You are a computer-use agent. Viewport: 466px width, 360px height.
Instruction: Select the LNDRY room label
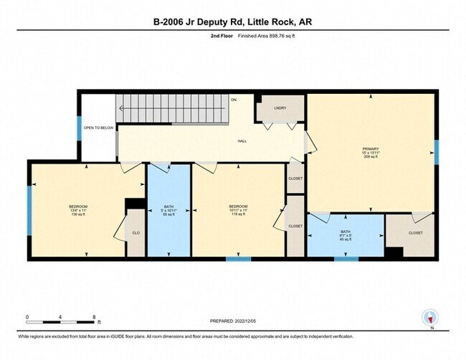[x=280, y=108]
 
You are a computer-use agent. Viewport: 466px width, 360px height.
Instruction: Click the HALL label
[x=242, y=141]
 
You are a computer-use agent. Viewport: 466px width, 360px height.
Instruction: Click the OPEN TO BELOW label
[x=98, y=128]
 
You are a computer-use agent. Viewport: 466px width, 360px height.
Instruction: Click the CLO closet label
[x=135, y=233]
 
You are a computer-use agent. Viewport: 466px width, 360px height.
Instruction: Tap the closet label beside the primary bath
[x=415, y=233]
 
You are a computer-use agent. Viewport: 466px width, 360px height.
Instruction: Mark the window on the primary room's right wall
[x=435, y=152]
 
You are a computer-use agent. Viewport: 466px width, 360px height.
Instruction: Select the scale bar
[x=61, y=320]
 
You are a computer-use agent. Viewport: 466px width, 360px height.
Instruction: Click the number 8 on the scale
[x=95, y=316]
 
